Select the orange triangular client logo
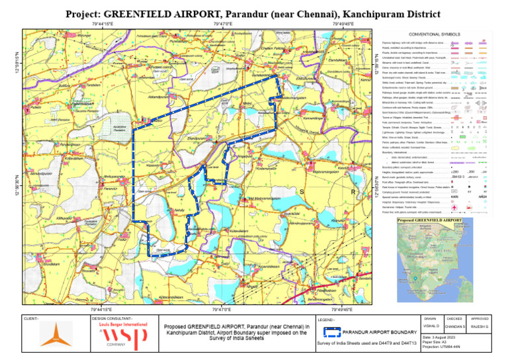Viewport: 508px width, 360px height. click(x=56, y=334)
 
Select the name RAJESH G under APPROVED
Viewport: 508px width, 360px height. click(x=480, y=327)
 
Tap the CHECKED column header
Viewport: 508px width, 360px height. click(x=455, y=318)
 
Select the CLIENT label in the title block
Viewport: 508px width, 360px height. click(x=31, y=318)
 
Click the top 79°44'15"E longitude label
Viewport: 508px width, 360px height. click(x=103, y=24)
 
